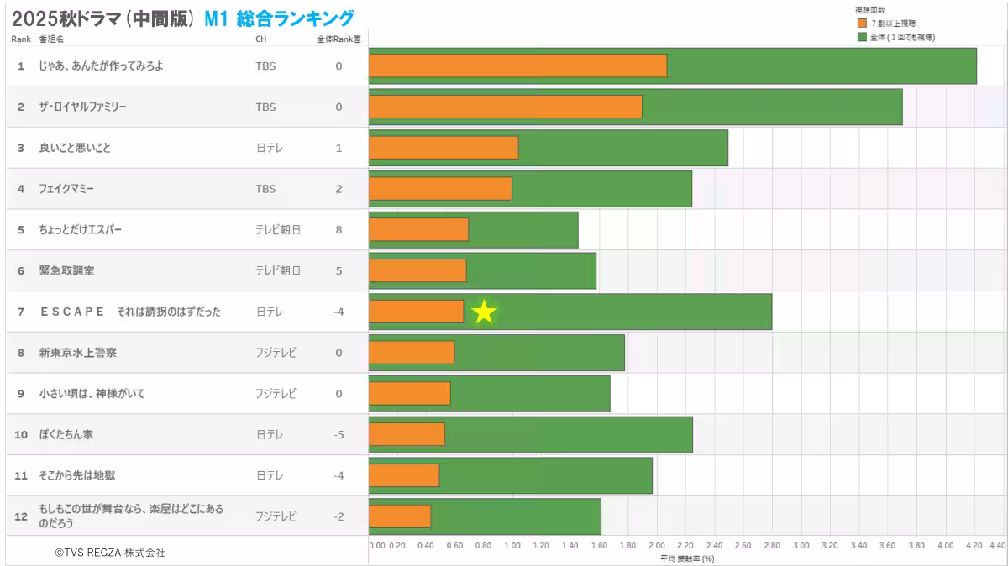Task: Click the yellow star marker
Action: point(484,312)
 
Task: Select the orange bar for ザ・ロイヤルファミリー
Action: point(505,107)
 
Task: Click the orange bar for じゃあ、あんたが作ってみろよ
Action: point(517,66)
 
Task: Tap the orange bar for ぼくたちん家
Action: point(407,434)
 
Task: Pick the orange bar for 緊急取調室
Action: point(417,270)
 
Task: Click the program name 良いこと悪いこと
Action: point(75,148)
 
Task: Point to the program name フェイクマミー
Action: point(66,189)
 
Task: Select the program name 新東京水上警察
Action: point(78,353)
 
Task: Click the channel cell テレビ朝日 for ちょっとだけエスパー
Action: point(278,230)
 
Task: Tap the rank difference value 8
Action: point(339,230)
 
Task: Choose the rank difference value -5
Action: point(339,435)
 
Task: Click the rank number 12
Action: point(21,516)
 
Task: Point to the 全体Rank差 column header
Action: point(339,39)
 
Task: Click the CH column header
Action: point(260,39)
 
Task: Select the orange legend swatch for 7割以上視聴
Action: point(861,24)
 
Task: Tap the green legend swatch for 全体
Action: point(861,37)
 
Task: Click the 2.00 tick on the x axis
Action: point(657,545)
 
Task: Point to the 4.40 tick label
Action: point(996,545)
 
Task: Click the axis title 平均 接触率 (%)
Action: point(686,558)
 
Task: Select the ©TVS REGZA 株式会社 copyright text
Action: point(110,553)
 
